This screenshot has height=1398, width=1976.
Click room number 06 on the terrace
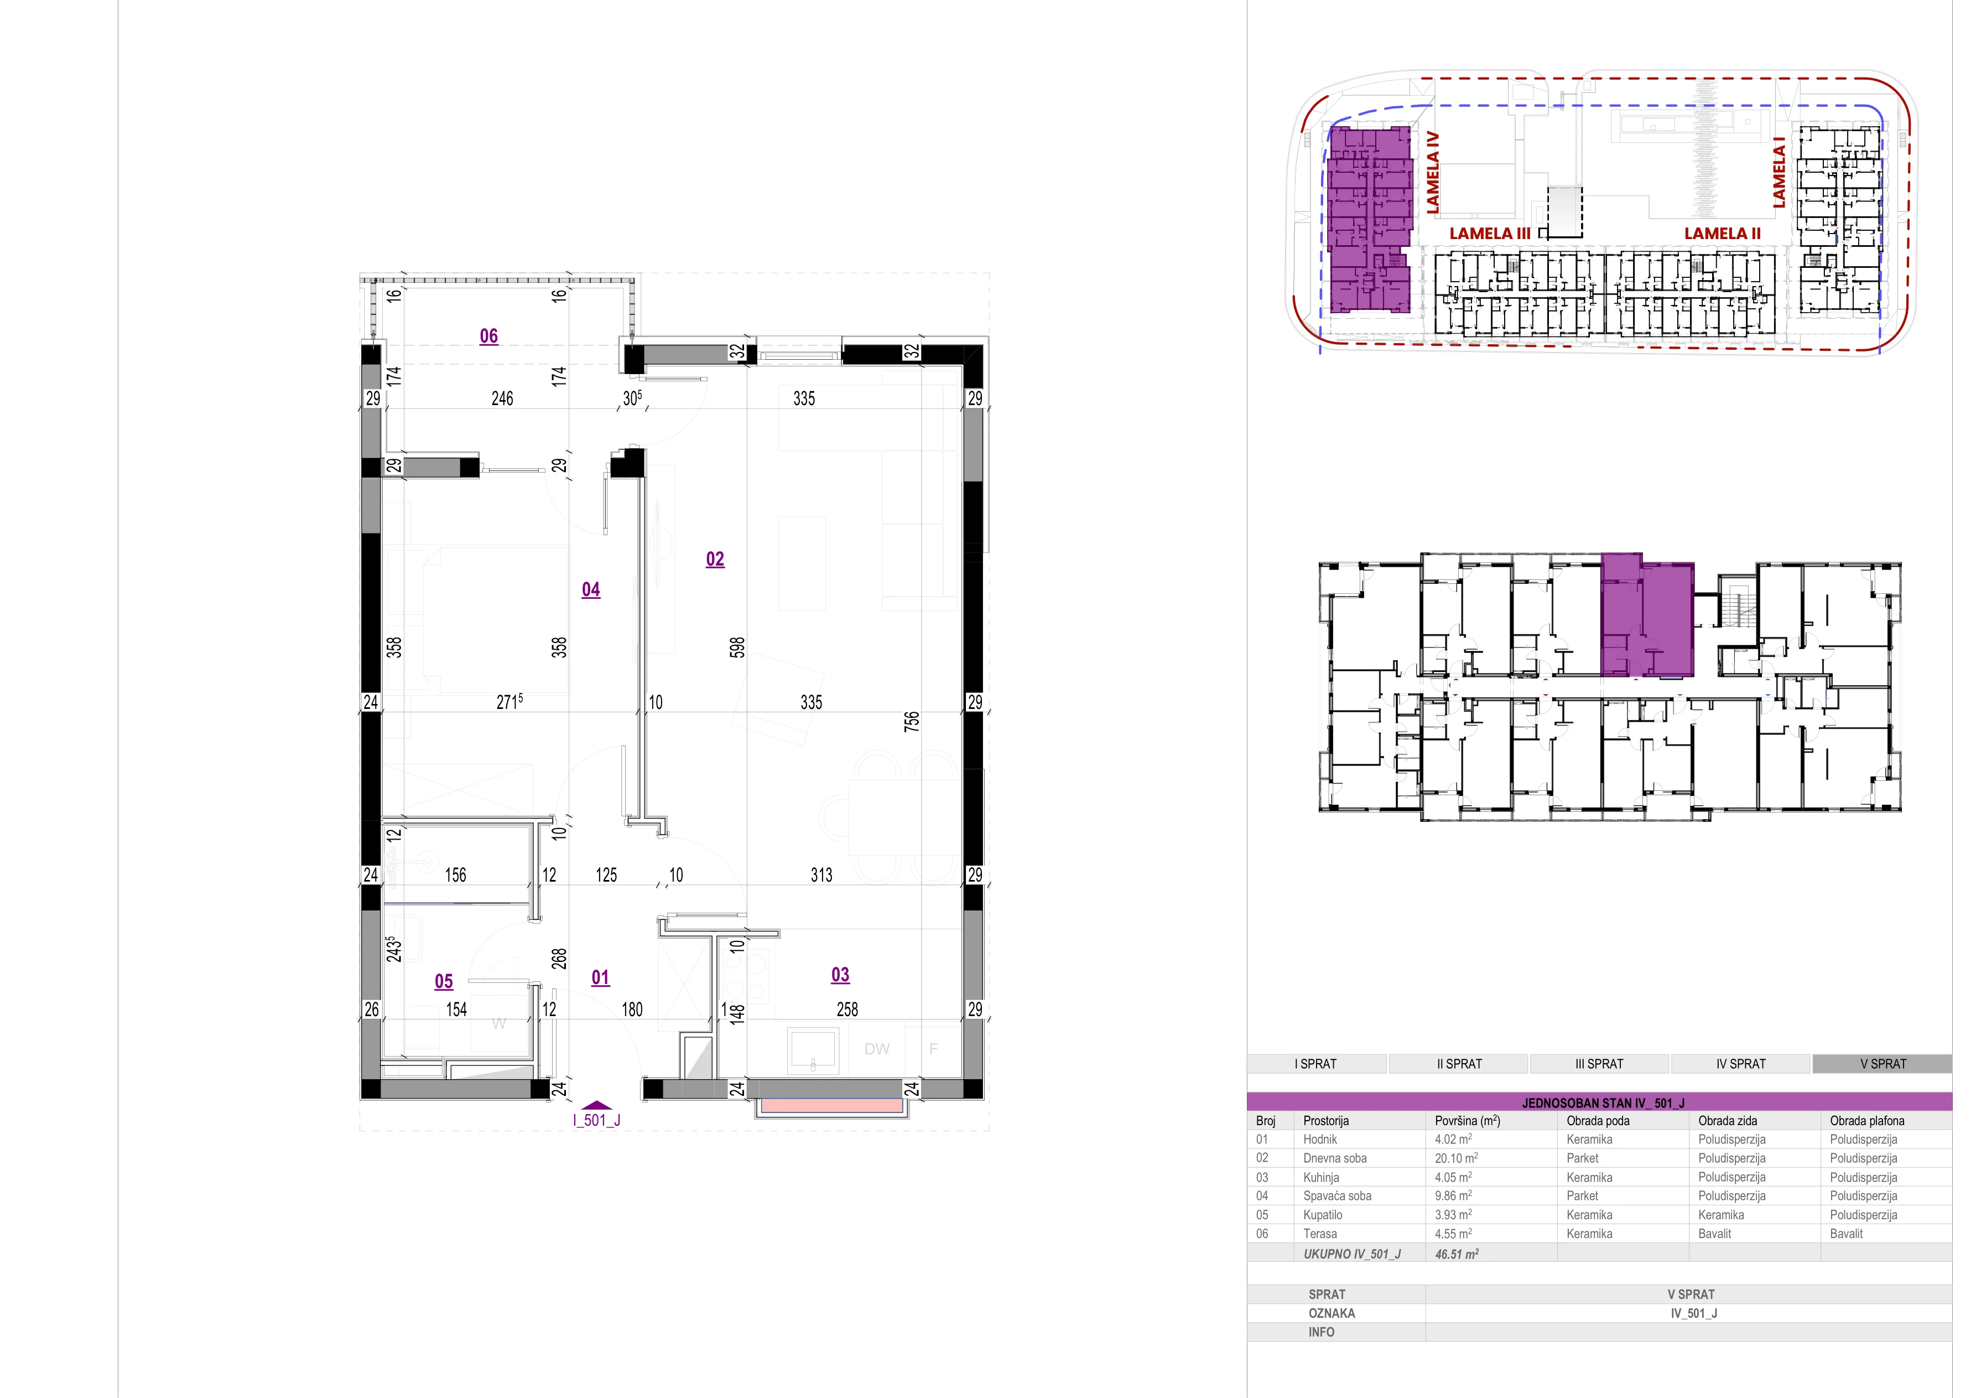tap(489, 336)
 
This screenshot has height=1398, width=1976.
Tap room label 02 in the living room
tap(715, 560)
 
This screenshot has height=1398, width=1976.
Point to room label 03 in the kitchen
tap(841, 975)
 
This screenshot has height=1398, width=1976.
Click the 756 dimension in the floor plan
tap(912, 721)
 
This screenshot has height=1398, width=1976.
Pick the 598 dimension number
tap(737, 648)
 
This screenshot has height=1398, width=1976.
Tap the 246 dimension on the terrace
tap(503, 398)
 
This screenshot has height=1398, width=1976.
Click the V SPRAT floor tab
tap(1883, 1064)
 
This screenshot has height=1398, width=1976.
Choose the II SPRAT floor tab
tap(1460, 1064)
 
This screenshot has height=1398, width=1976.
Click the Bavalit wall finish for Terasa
tap(1715, 1234)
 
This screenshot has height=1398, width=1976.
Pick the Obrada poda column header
tap(1598, 1121)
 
